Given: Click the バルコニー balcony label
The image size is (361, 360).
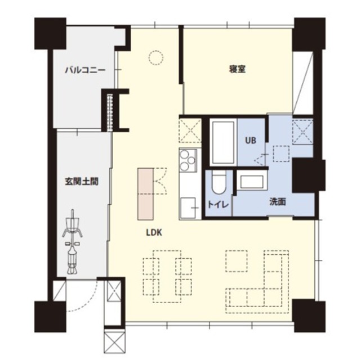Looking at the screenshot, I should point(84,70).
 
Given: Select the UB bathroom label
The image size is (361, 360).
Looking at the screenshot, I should point(251,141).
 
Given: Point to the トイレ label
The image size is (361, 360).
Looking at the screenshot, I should point(218,204).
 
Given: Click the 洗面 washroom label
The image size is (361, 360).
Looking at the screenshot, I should point(277,201).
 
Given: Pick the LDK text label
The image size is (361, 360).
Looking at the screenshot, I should point(154,231).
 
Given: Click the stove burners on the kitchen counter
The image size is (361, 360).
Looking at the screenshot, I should point(188,160).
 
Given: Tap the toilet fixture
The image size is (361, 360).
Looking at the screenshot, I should point(219,183).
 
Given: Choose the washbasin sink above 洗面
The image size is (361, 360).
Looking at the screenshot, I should point(251,182).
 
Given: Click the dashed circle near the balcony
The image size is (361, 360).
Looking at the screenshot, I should point(155,57).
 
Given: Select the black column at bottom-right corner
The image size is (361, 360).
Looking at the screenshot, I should point(309,314).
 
